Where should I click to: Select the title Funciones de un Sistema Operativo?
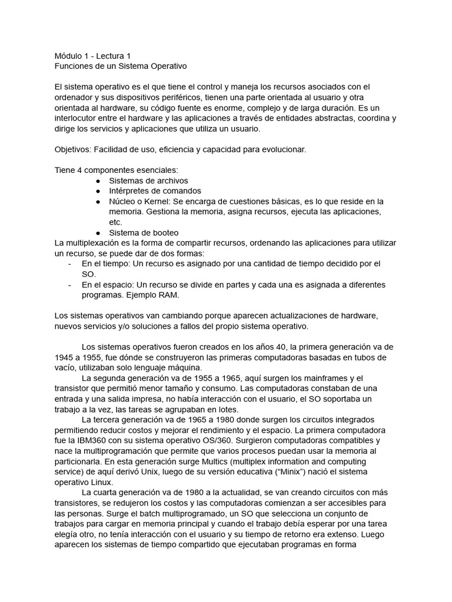pyautogui.click(x=120, y=66)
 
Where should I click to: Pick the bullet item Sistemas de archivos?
pyautogui.click(x=148, y=180)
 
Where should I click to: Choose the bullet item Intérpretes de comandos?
pyautogui.click(x=155, y=190)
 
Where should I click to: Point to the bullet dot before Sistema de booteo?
pyautogui.click(x=98, y=232)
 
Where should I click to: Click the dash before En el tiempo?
pyautogui.click(x=70, y=263)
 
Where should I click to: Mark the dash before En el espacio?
pyautogui.click(x=70, y=284)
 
